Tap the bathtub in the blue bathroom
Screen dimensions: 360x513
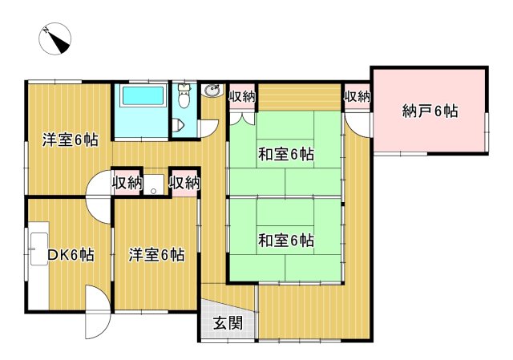pyautogui.click(x=142, y=98)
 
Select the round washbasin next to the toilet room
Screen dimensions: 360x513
pyautogui.click(x=212, y=91)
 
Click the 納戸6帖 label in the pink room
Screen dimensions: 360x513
pyautogui.click(x=430, y=111)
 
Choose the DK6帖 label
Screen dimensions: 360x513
pyautogui.click(x=70, y=256)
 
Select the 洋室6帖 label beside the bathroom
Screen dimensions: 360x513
pyautogui.click(x=70, y=140)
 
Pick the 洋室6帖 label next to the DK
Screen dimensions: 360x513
pyautogui.click(x=156, y=256)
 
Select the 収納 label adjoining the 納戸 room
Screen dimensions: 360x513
pyautogui.click(x=357, y=97)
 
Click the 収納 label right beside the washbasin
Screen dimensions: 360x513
pyautogui.click(x=241, y=97)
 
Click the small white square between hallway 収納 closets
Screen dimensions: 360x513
pyautogui.click(x=156, y=182)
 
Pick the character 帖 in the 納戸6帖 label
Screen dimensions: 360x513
pyautogui.click(x=450, y=111)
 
